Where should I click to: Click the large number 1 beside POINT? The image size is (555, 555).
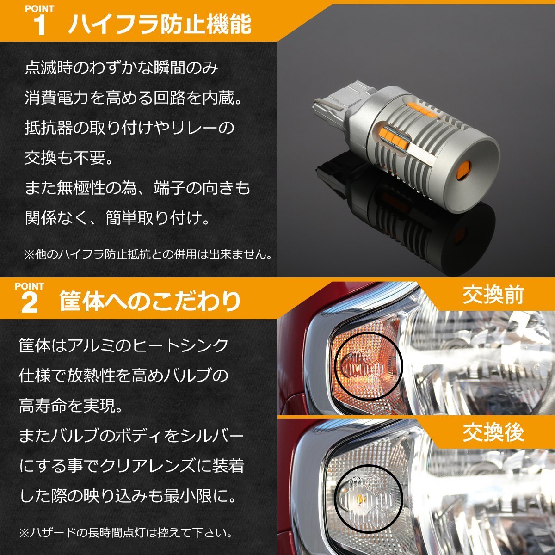(x=41, y=26)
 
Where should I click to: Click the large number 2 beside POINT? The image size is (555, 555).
(x=30, y=303)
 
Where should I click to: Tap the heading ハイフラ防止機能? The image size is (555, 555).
(x=160, y=24)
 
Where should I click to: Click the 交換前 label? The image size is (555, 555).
(x=493, y=295)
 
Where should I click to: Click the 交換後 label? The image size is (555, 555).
(x=493, y=433)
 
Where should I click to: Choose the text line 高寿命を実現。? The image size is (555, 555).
(x=71, y=406)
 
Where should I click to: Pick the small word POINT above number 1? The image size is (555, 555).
(x=39, y=9)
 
